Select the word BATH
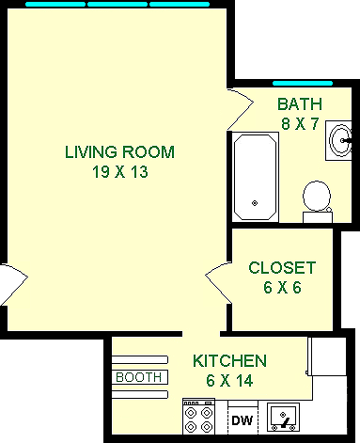[299, 103]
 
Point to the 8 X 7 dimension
[299, 122]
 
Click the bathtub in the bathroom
[255, 176]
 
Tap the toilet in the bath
[317, 200]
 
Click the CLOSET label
[282, 268]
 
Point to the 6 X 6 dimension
[282, 287]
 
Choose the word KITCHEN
[229, 360]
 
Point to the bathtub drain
[255, 202]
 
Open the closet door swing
[217, 278]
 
